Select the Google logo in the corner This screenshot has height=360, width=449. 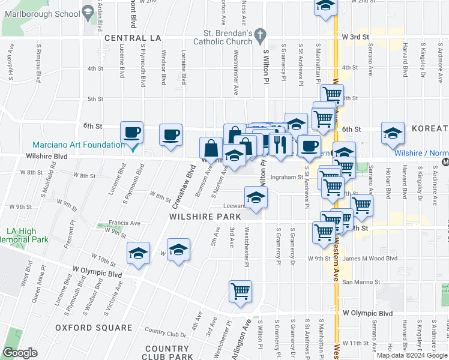(x=20, y=353)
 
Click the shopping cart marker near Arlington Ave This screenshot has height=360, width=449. (x=240, y=291)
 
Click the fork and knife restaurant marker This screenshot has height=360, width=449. (x=280, y=144)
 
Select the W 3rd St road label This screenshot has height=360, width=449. (x=354, y=37)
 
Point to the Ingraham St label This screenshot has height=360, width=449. (x=286, y=177)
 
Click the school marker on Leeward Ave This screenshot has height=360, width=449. (x=256, y=197)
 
